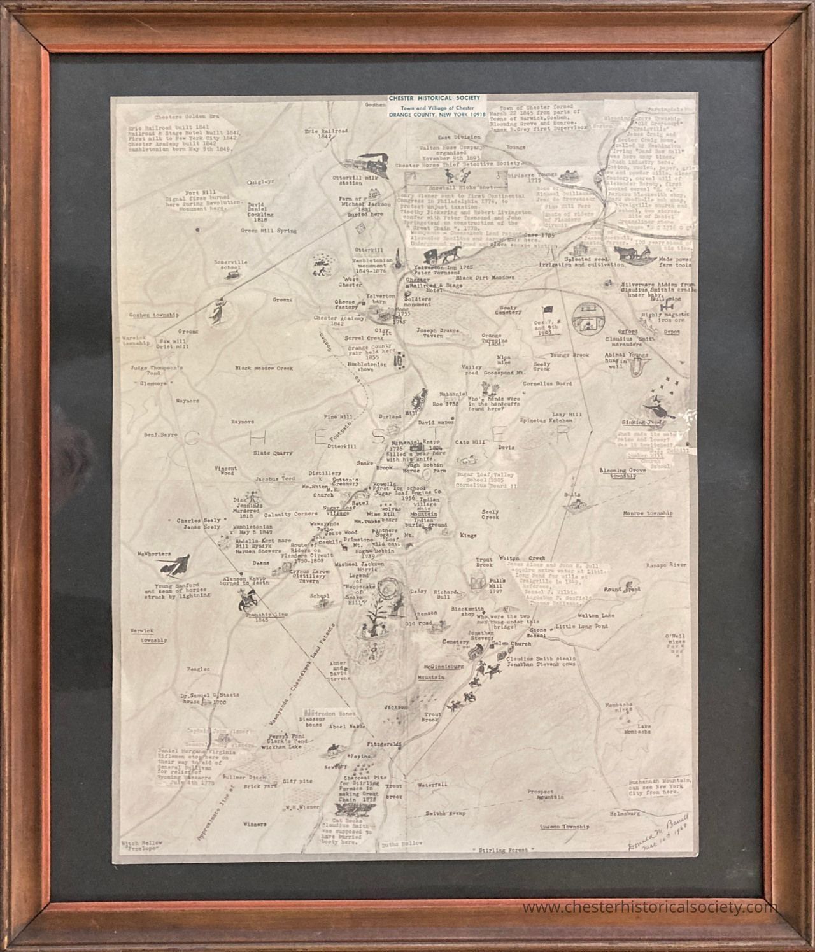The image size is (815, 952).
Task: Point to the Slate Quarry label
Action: [x=273, y=453]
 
